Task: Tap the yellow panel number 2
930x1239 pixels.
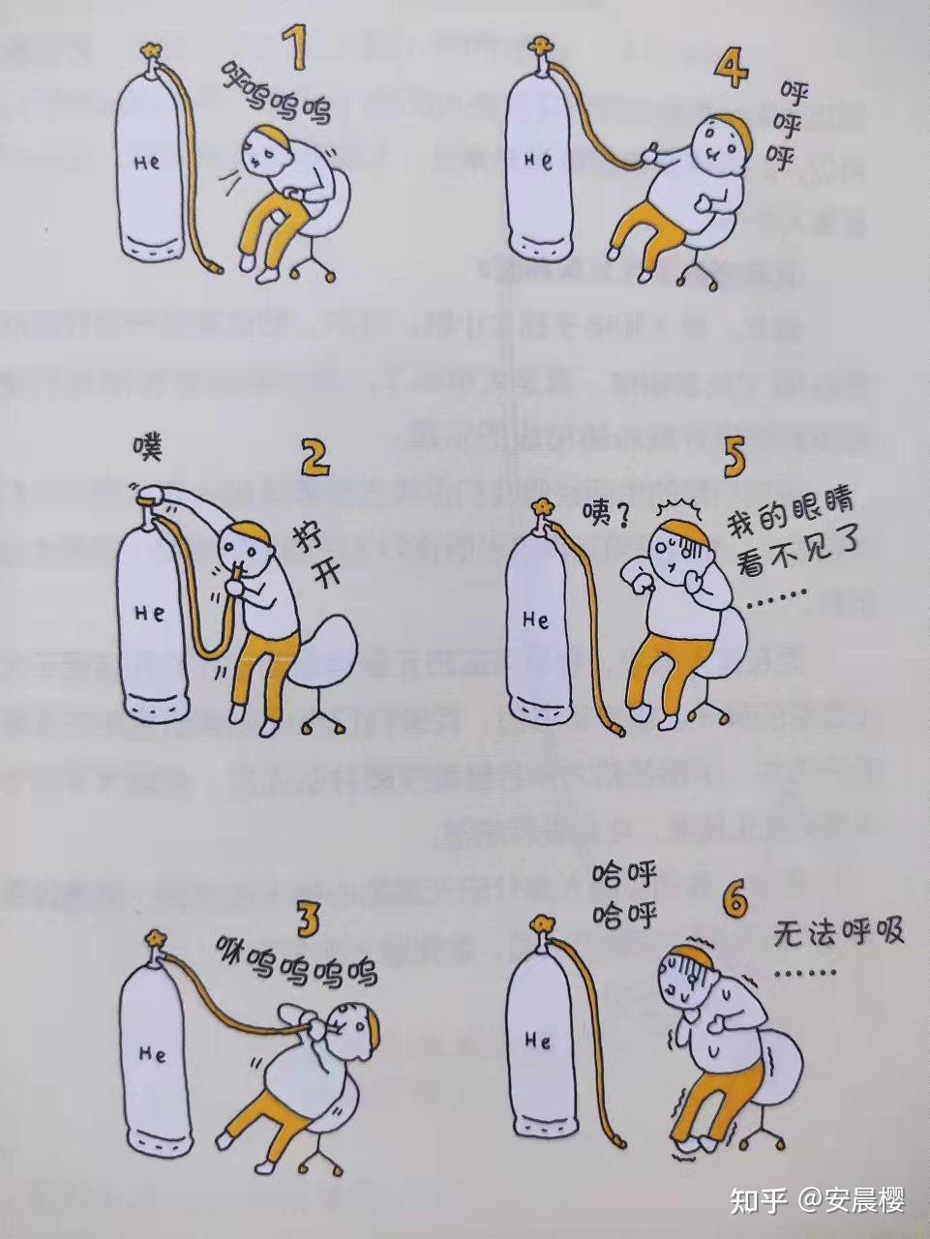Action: click(315, 458)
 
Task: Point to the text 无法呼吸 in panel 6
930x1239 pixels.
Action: click(839, 933)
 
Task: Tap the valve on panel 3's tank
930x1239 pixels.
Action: click(154, 938)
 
